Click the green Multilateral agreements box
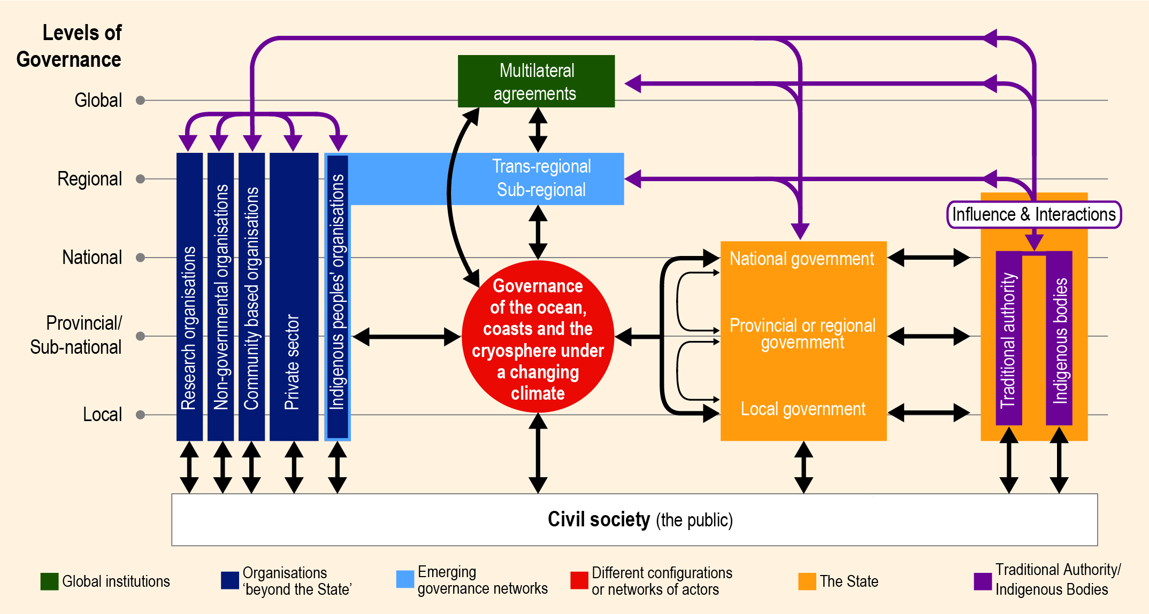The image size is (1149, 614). click(536, 81)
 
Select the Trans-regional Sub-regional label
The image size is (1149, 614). click(541, 178)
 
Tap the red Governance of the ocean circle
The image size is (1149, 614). click(538, 337)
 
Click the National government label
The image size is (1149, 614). click(802, 259)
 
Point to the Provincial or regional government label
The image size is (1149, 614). click(802, 333)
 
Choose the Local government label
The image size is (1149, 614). click(803, 409)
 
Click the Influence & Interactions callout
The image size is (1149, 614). click(1034, 214)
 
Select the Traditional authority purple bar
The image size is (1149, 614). click(1009, 338)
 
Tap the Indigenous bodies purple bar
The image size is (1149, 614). click(1059, 338)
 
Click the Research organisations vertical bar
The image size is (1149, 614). click(189, 297)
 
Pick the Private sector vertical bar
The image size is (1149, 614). click(294, 297)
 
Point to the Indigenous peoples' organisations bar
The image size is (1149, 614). click(338, 297)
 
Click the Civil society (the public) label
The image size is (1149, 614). click(640, 519)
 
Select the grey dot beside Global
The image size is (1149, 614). click(141, 100)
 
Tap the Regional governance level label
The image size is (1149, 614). click(89, 179)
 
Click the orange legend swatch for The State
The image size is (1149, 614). click(807, 581)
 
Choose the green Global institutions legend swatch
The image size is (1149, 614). click(49, 581)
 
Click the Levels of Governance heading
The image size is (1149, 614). click(69, 46)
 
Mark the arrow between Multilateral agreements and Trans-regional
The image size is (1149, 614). click(538, 130)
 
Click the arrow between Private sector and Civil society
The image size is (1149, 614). click(294, 467)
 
